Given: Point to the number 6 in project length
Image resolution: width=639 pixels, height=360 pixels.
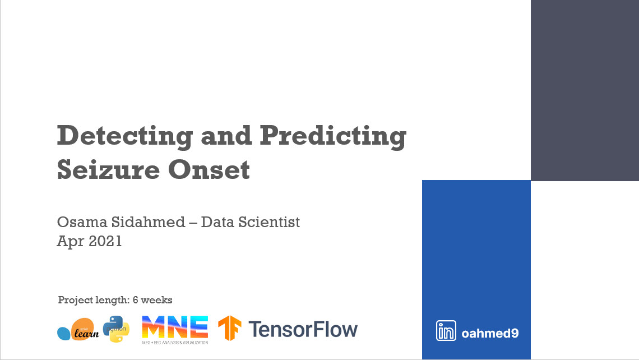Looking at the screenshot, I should (x=135, y=300).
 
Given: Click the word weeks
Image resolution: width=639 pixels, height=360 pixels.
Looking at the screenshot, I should (x=156, y=300).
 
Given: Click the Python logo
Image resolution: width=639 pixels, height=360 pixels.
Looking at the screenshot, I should (x=116, y=329).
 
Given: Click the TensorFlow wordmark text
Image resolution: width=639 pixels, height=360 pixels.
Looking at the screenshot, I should (x=303, y=329).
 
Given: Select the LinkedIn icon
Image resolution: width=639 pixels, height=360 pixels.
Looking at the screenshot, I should (x=446, y=331).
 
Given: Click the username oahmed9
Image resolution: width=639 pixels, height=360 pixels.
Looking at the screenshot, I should (x=489, y=333).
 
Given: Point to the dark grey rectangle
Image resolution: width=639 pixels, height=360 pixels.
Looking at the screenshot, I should (x=585, y=90).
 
